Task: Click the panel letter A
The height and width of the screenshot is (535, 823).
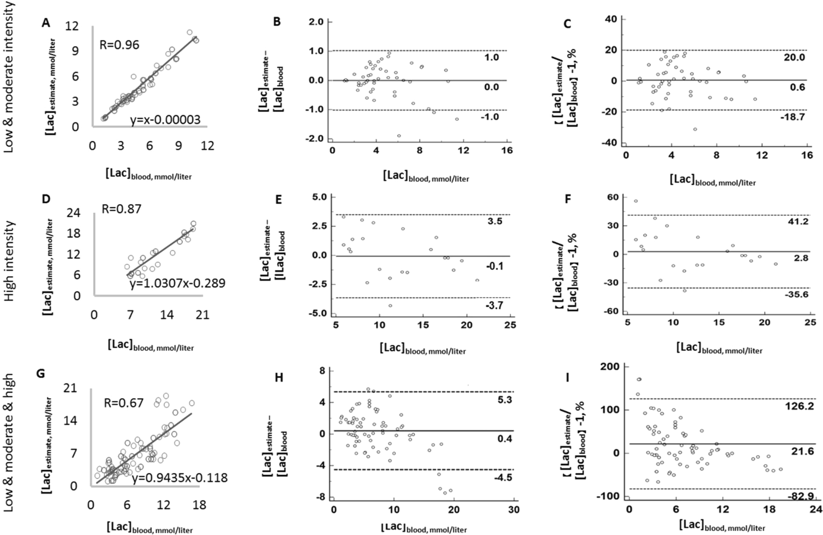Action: point(46,23)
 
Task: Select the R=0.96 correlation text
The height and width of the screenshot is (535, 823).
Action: point(120,45)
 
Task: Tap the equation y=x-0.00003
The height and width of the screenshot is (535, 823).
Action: point(165,120)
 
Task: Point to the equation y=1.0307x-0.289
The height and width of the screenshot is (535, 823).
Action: point(178,283)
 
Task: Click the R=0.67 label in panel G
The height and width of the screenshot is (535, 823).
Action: point(123,403)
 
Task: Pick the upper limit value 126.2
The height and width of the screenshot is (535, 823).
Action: point(800,406)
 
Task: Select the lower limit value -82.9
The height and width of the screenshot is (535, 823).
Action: point(800,497)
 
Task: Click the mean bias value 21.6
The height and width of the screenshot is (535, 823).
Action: point(800,451)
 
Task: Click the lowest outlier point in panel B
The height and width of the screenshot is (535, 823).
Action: point(399,136)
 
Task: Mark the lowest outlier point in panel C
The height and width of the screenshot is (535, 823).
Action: point(695,129)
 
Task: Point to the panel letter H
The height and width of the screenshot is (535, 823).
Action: point(279,378)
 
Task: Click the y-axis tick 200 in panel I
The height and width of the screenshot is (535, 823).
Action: point(609,366)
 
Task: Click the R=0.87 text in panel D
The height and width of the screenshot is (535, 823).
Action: point(121,209)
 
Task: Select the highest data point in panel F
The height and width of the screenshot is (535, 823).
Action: point(636,201)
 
